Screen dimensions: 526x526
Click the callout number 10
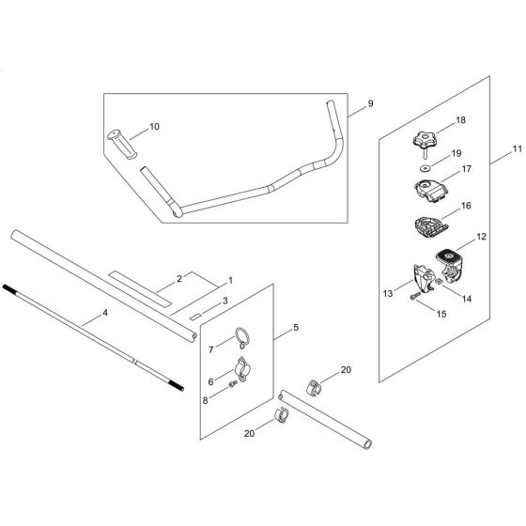coord(156,125)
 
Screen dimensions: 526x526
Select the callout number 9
coord(370,102)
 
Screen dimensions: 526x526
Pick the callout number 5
coord(298,330)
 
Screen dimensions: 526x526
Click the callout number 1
coord(230,280)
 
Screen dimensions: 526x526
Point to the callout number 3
coord(224,302)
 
